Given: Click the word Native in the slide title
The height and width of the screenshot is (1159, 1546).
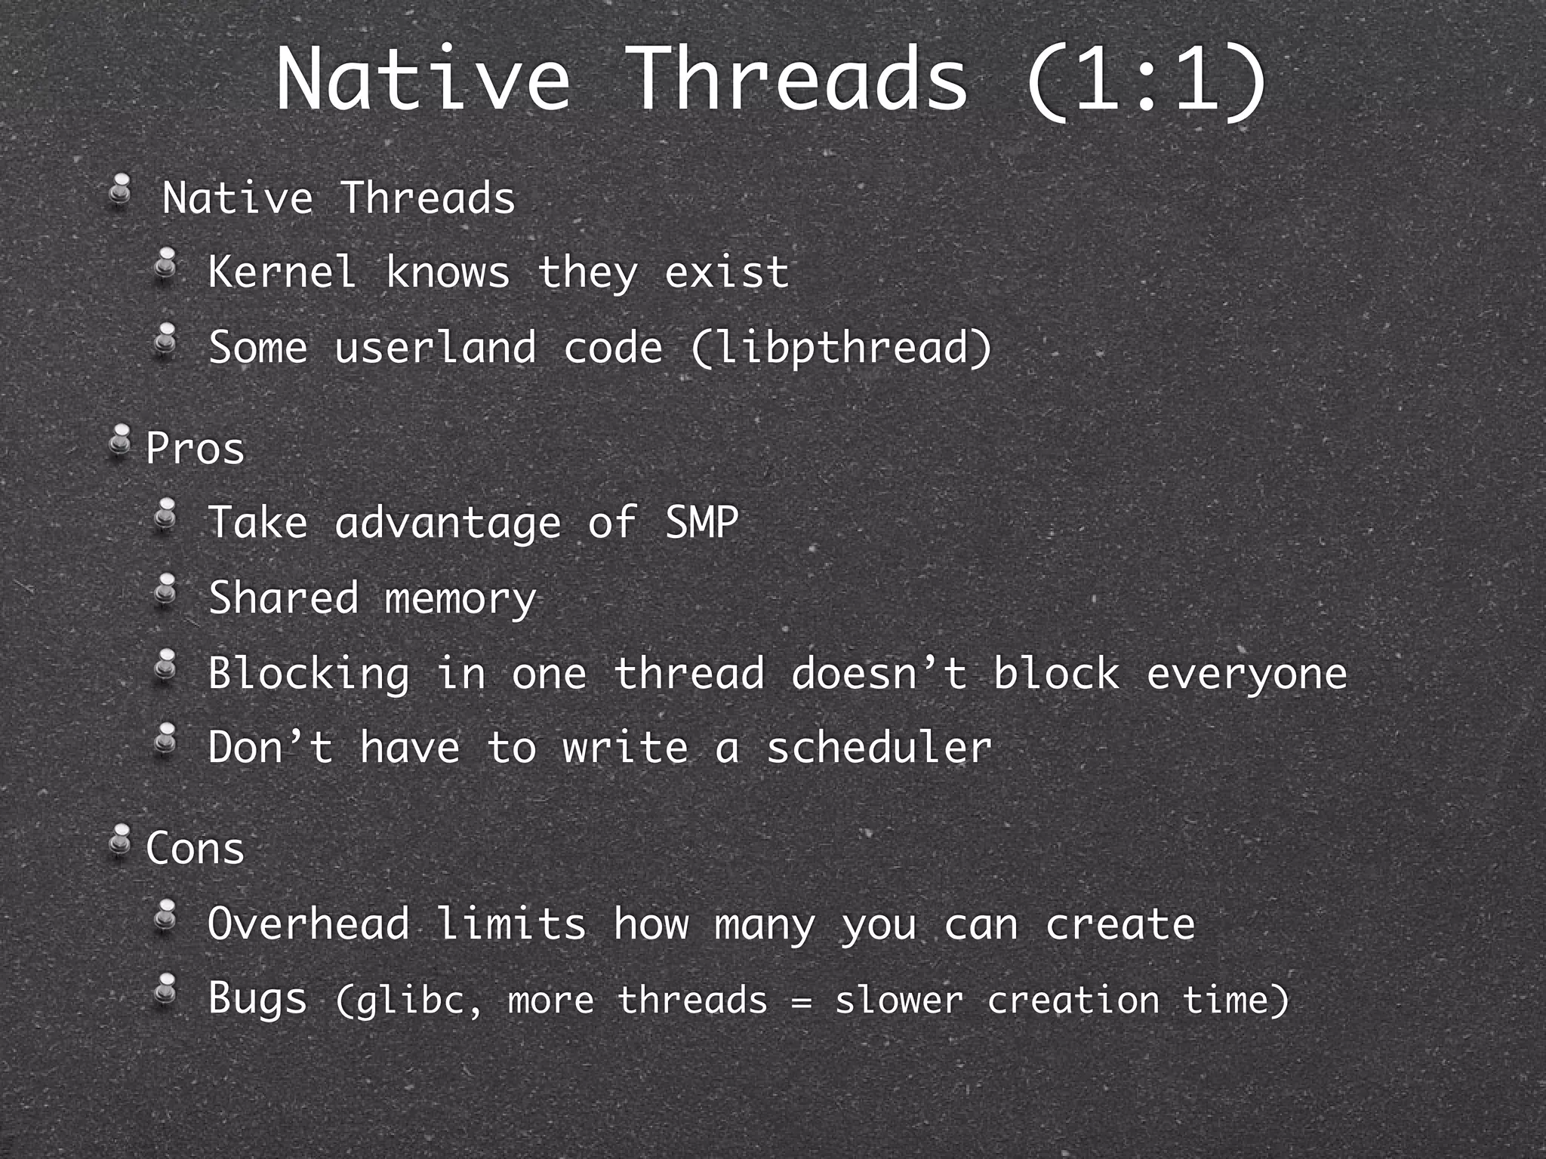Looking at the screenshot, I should click(x=423, y=79).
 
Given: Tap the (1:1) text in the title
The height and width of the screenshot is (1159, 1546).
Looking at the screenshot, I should click(x=1146, y=79).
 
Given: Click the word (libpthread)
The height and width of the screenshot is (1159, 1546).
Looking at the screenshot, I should click(x=841, y=349).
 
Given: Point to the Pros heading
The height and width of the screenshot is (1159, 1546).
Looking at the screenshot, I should click(x=195, y=448).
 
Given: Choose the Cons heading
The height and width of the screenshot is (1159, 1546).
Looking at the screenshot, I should click(x=195, y=848).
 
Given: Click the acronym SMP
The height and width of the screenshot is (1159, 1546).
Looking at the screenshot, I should click(x=701, y=522).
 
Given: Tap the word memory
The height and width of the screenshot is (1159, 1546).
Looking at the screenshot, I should click(x=460, y=599).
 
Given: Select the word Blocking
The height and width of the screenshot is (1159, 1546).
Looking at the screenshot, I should click(x=309, y=674).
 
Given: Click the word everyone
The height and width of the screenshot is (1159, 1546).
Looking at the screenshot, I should click(x=1246, y=674).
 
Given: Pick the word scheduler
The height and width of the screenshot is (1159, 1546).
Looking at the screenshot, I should click(x=879, y=748).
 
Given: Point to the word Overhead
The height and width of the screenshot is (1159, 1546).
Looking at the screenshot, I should click(x=309, y=924).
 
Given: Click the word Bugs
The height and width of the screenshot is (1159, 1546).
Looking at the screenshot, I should click(x=257, y=999).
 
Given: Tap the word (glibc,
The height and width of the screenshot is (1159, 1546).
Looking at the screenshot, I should click(x=408, y=1001).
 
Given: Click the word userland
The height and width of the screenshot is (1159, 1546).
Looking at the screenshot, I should click(x=435, y=349).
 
